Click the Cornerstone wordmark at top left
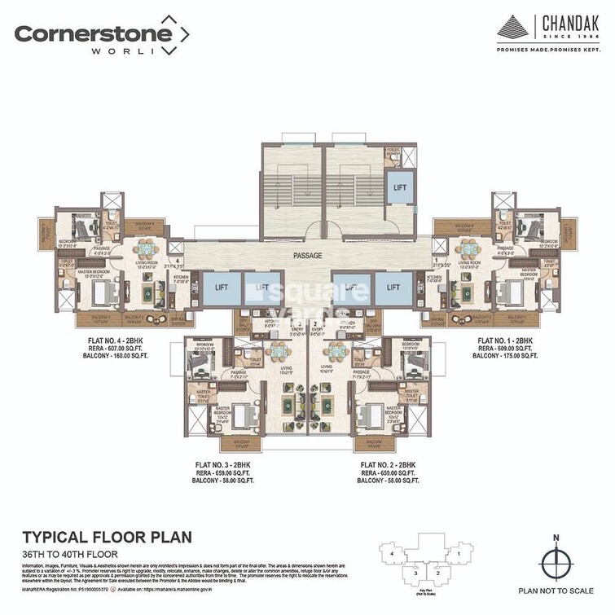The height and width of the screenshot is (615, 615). [x=94, y=33]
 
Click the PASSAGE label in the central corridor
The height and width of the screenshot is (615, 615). [x=308, y=256]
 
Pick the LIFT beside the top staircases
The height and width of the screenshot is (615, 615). [x=399, y=186]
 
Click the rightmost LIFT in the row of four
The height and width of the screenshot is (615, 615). [x=393, y=288]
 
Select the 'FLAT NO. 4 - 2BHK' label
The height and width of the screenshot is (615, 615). [x=94, y=338]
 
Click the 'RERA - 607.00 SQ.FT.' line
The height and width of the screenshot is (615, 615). [x=94, y=347]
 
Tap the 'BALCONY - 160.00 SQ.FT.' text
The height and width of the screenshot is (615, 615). [x=94, y=356]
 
